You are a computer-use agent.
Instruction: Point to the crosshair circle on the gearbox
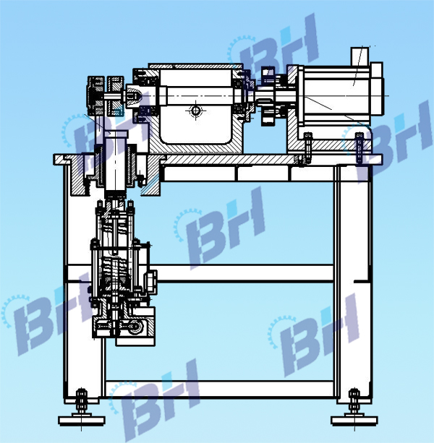click(x=195, y=111)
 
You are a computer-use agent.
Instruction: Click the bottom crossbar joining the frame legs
click(x=217, y=390)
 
